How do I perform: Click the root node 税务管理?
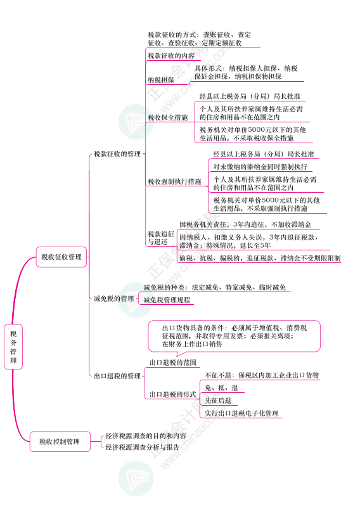click(x=13, y=347)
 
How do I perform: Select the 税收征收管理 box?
click(x=61, y=257)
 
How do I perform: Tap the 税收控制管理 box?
click(x=60, y=442)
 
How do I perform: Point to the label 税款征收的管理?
click(x=117, y=154)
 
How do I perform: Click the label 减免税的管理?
click(x=114, y=299)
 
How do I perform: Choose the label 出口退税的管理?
click(x=117, y=376)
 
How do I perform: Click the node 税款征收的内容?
click(x=171, y=56)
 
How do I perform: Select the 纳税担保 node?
click(x=161, y=80)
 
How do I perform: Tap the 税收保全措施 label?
click(x=167, y=117)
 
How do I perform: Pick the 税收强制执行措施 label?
click(x=174, y=181)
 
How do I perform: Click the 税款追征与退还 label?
click(x=161, y=238)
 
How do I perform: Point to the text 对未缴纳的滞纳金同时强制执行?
click(x=260, y=167)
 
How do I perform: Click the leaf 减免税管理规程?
click(x=167, y=300)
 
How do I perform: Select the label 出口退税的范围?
click(x=173, y=363)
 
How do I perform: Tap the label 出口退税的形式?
click(x=173, y=394)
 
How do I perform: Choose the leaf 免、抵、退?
click(x=221, y=388)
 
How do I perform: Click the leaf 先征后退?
click(x=218, y=401)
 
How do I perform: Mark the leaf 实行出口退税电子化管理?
click(x=241, y=413)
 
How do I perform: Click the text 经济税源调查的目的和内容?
click(x=146, y=435)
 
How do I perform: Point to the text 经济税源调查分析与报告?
click(x=142, y=447)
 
